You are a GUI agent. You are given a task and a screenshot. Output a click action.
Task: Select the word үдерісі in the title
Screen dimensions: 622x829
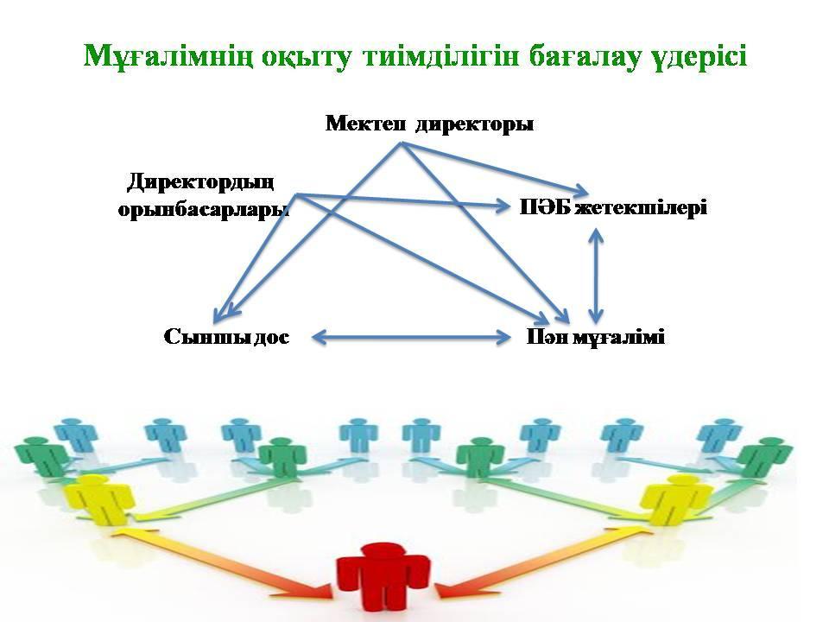[x=700, y=56]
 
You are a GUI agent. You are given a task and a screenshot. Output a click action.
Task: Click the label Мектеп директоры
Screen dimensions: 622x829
[x=429, y=124]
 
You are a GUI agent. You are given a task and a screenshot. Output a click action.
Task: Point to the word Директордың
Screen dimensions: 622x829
[x=200, y=182]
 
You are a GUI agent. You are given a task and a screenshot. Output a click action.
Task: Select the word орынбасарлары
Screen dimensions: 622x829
[x=204, y=210]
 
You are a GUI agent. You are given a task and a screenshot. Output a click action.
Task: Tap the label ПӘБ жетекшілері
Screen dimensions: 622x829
[x=614, y=207]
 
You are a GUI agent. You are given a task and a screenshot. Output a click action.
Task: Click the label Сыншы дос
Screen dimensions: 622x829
[x=225, y=337]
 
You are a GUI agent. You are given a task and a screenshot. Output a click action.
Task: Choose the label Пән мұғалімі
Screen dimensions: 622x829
[x=596, y=337]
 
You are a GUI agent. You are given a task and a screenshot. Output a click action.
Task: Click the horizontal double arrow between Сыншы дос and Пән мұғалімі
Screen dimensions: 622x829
[x=410, y=337]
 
